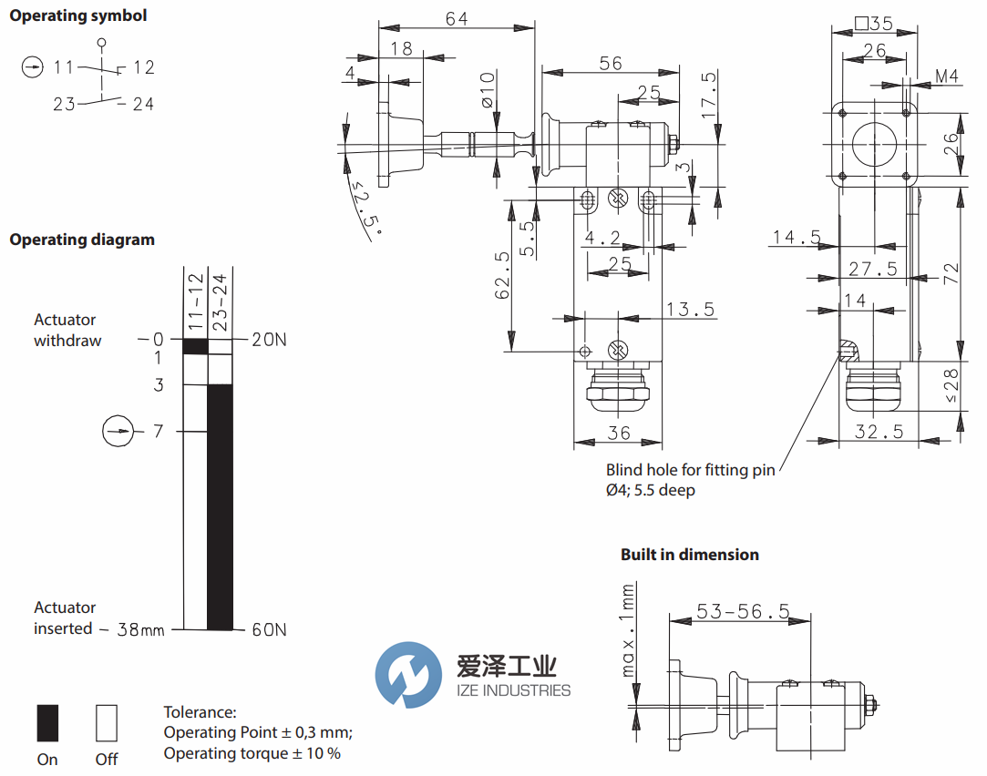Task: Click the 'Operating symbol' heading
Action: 77,15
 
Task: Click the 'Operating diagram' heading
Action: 82,240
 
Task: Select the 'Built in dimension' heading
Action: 689,555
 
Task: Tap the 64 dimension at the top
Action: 457,18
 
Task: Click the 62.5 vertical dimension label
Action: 502,276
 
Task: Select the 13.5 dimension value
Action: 689,310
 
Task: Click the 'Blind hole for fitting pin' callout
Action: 690,470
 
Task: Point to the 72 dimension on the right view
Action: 951,271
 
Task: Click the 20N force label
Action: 269,340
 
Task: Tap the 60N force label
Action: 269,629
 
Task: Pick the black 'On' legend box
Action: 47,722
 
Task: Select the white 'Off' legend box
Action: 107,722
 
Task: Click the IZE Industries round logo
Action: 406,675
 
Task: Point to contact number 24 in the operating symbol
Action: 143,104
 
